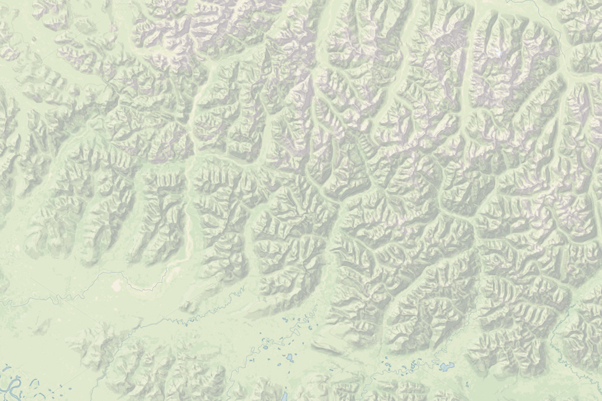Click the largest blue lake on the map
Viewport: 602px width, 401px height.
pos(446,367)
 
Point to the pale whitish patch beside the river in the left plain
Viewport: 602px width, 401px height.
pos(117,284)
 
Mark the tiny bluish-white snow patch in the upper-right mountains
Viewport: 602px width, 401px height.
pos(499,54)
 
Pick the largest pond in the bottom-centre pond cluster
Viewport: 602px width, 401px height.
pos(289,357)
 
